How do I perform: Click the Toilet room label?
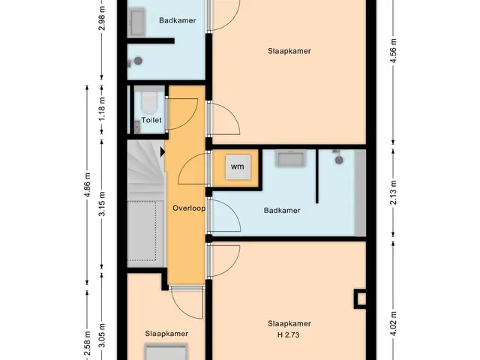tap(151, 120)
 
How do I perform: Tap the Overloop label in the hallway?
tap(189, 208)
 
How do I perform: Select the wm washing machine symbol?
tap(238, 166)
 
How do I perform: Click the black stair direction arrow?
tap(163, 151)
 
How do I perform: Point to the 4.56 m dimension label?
tap(394, 50)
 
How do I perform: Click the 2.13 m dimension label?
tap(394, 192)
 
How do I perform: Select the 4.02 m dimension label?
tap(394, 323)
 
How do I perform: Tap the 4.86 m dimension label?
tap(87, 185)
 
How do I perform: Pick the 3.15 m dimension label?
tap(102, 204)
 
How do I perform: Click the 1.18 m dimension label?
tap(102, 109)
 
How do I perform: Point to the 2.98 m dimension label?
tap(102, 18)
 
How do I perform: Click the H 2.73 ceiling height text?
tap(288, 335)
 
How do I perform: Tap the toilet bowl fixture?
tap(149, 102)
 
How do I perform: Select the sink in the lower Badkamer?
tap(290, 158)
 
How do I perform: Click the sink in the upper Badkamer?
tap(138, 22)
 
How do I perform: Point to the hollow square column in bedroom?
tap(360, 298)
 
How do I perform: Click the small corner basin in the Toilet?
tap(137, 127)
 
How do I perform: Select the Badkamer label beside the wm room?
tap(282, 210)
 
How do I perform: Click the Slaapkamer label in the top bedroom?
tap(289, 51)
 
